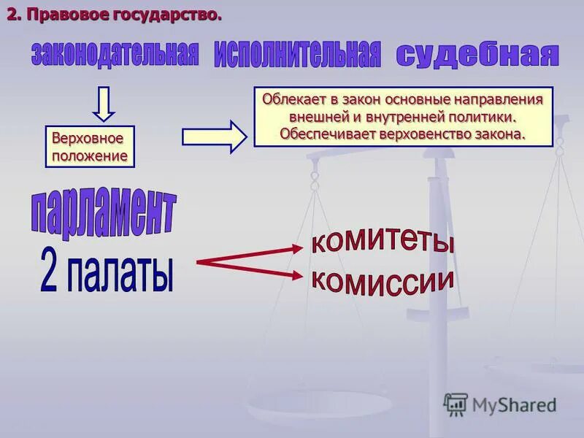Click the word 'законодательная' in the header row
tap(115, 55)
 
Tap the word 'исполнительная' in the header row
tap(297, 55)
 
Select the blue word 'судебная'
tap(477, 55)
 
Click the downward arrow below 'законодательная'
tap(104, 104)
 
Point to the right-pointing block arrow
tap(215, 136)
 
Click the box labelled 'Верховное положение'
tap(91, 147)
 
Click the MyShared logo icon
tap(456, 404)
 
